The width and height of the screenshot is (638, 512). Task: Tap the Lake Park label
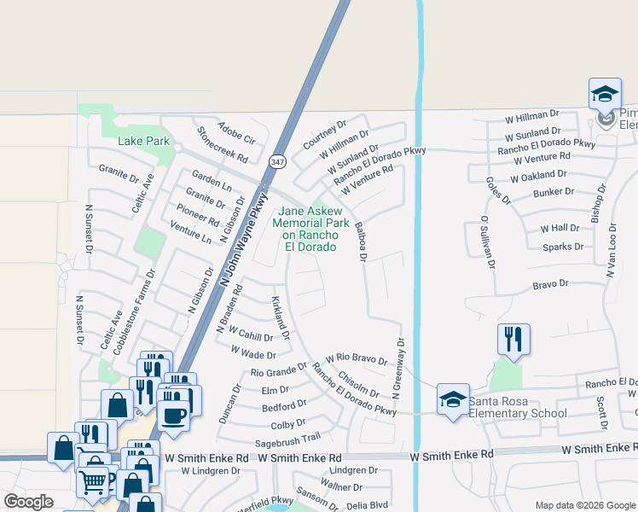point(144,141)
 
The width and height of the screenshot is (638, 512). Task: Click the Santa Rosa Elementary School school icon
point(453,398)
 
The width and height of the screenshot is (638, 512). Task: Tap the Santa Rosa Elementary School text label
point(519,414)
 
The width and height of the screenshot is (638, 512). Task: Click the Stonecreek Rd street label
point(222,145)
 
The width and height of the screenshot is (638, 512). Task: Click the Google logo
point(29,502)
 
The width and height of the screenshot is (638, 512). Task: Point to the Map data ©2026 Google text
point(584,504)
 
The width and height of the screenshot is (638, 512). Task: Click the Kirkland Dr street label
point(281,317)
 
